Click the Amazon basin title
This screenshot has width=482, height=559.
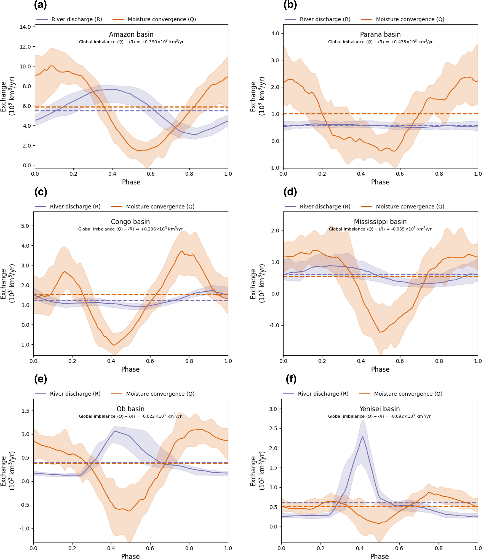click(131, 34)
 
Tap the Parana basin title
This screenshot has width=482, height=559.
click(380, 34)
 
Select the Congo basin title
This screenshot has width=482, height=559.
click(130, 222)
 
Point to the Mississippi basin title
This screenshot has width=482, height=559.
click(380, 222)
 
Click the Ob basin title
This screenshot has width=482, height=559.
click(130, 409)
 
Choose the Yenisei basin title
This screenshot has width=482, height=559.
click(379, 409)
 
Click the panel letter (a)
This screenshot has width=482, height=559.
click(41, 5)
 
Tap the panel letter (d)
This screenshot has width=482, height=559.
click(290, 192)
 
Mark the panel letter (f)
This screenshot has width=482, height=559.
click(291, 379)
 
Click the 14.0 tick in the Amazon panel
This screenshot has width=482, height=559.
click(25, 27)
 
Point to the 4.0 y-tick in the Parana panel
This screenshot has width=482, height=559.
click(275, 34)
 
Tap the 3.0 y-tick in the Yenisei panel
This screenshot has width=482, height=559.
click(273, 409)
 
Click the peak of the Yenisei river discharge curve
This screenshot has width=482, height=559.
click(362, 436)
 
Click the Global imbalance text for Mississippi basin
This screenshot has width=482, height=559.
click(380, 229)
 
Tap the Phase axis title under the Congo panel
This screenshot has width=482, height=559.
click(130, 369)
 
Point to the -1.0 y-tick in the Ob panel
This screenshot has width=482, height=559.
click(25, 528)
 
